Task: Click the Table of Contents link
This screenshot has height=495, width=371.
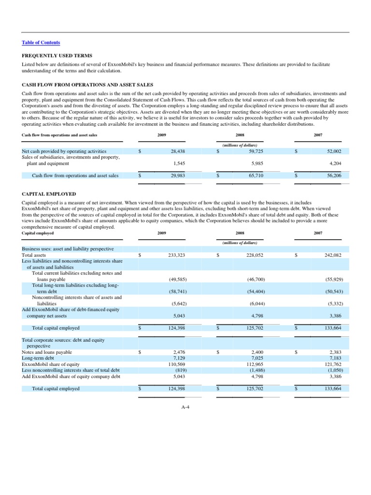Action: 41,43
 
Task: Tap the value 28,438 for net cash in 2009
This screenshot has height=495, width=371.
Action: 178,151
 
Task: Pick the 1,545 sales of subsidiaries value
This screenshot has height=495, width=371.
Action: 180,163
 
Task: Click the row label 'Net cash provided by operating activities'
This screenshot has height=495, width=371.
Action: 64,151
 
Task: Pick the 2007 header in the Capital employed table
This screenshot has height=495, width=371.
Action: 318,233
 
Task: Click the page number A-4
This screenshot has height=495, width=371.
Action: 185,407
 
